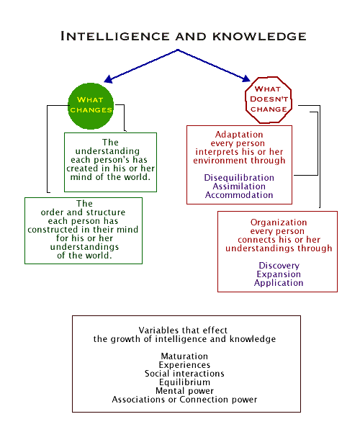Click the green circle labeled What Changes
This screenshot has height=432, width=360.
click(x=91, y=104)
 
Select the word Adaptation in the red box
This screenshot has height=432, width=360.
click(x=239, y=135)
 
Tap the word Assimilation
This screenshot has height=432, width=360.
click(x=239, y=185)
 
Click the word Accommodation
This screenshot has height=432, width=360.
click(x=239, y=194)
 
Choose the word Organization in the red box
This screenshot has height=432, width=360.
click(x=278, y=222)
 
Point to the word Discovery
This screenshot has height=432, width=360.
click(x=278, y=266)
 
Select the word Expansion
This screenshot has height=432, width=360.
click(x=278, y=274)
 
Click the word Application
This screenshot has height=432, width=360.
click(x=278, y=283)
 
